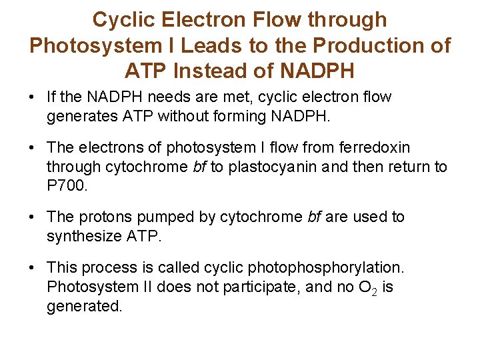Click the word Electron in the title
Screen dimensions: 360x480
[x=213, y=20]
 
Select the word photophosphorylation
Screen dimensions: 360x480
[x=325, y=267]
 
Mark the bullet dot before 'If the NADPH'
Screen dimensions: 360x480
[x=32, y=97]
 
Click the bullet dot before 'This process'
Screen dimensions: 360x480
[x=32, y=268]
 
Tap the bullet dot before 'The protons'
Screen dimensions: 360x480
[x=32, y=217]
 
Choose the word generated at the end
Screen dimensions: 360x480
[x=84, y=306]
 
